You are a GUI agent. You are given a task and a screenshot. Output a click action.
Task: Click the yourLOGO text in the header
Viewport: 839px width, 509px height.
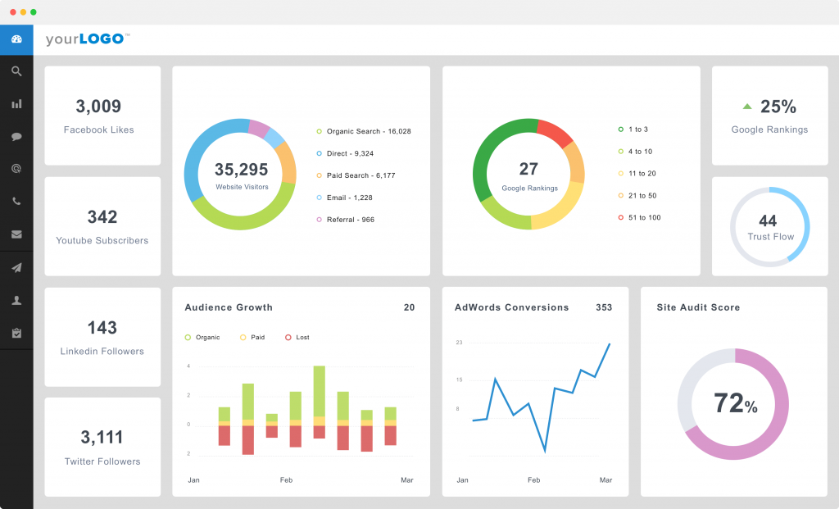click(x=86, y=39)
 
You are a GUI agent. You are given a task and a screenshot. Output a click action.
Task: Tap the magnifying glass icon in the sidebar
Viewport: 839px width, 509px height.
click(x=16, y=71)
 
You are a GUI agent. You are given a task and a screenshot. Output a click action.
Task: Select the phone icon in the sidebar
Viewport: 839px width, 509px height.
click(x=16, y=201)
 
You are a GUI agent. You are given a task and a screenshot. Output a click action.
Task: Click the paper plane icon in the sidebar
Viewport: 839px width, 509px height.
click(x=16, y=267)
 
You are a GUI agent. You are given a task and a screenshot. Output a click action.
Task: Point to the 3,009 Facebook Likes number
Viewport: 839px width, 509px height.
click(x=98, y=107)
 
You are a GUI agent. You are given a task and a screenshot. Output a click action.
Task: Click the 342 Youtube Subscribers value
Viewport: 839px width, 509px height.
click(x=102, y=217)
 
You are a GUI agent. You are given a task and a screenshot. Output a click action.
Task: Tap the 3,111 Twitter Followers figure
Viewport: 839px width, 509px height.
click(x=102, y=438)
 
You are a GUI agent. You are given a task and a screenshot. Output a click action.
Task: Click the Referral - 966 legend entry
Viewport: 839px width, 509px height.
click(x=350, y=220)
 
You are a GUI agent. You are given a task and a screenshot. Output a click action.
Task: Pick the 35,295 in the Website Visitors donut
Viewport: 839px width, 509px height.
click(x=241, y=170)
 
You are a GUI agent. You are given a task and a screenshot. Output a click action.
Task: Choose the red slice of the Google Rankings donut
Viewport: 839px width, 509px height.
click(x=556, y=133)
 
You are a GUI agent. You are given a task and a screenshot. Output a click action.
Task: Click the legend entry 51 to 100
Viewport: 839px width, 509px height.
click(x=644, y=217)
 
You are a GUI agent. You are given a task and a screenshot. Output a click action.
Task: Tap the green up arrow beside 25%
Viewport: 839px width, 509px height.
click(x=747, y=107)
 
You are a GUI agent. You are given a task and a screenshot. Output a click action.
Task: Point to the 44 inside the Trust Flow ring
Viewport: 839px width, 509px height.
click(x=768, y=220)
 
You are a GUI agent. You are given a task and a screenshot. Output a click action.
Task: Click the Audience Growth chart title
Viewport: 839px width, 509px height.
click(x=229, y=307)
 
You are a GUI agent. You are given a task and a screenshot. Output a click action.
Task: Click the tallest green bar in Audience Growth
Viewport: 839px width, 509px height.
click(x=320, y=390)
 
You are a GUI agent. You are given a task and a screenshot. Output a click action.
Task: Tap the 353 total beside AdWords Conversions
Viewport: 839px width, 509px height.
click(x=604, y=307)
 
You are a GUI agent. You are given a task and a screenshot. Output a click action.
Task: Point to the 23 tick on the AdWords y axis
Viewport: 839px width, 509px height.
click(x=459, y=342)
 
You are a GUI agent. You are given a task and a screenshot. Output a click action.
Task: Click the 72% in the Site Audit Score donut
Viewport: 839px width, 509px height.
click(x=735, y=404)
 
